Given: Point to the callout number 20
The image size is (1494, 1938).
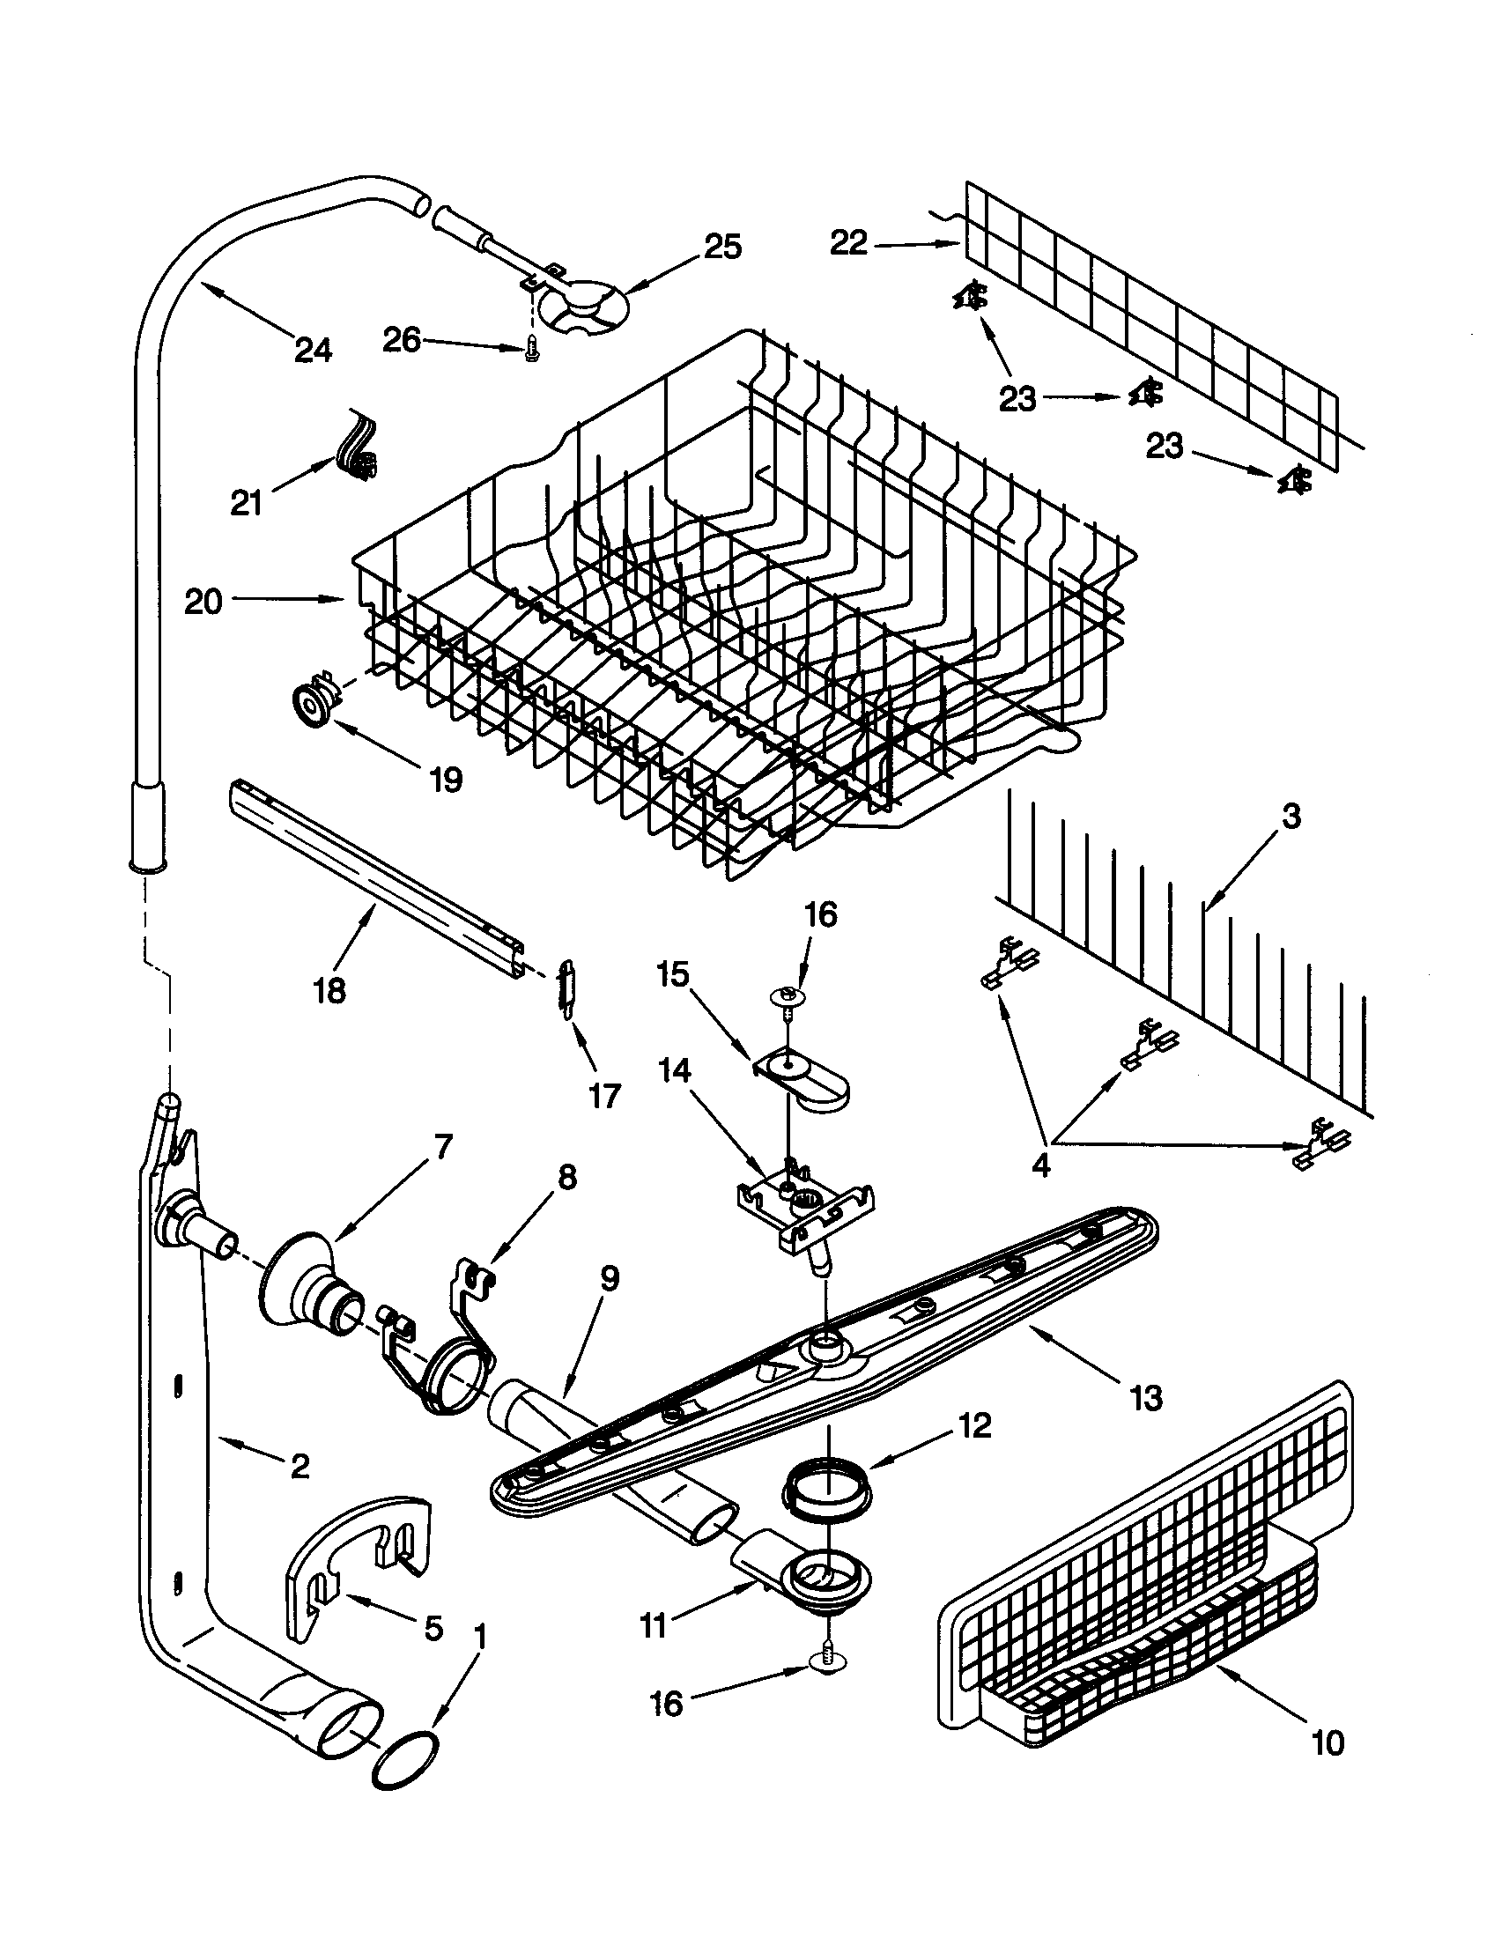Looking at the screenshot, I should (203, 602).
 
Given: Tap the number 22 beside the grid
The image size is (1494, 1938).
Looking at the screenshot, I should (848, 242).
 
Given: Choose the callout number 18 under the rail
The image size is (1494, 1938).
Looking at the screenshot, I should (329, 990).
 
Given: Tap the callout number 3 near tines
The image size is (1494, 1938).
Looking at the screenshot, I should (1291, 817).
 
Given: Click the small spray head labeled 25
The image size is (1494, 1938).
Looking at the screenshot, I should (586, 307).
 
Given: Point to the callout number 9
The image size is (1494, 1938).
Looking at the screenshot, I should (609, 1279).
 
